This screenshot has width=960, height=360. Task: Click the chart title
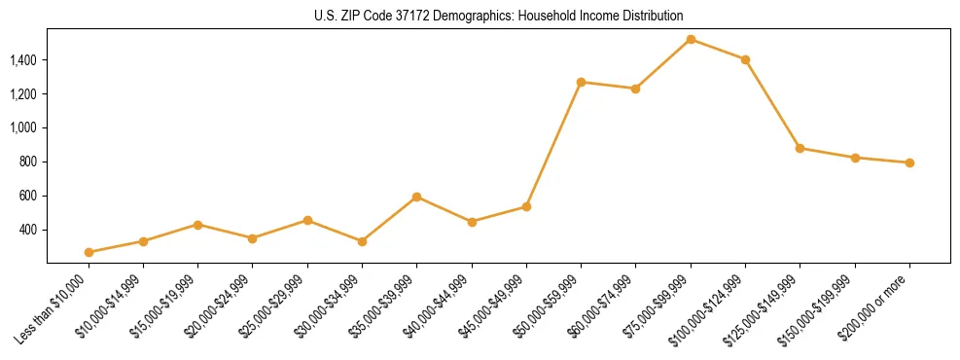(498, 16)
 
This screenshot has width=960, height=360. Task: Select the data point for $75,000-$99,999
(691, 40)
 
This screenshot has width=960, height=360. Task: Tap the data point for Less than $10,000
(89, 252)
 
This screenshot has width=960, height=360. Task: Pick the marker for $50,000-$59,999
(581, 82)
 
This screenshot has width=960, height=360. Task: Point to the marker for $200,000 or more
(909, 162)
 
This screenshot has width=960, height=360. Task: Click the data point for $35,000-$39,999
(416, 197)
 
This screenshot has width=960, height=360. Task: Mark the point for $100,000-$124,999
(745, 59)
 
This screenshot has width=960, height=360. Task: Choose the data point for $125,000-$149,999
(800, 148)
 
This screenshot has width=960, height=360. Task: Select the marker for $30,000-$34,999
(362, 241)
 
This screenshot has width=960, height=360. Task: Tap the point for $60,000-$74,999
(635, 89)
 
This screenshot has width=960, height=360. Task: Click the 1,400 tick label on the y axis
(23, 60)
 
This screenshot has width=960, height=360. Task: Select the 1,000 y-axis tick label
(23, 128)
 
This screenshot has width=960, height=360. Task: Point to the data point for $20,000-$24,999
(252, 238)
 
